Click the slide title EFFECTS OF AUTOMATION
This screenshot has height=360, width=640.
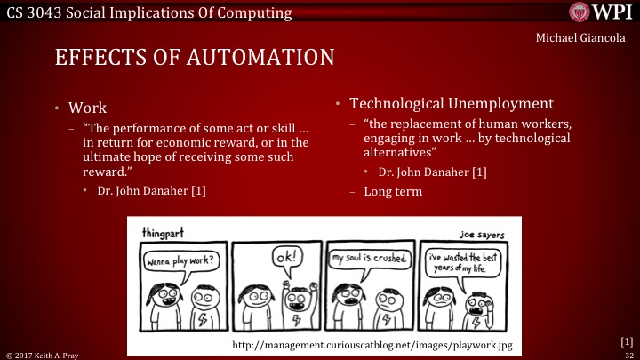click(195, 58)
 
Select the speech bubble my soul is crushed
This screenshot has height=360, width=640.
click(370, 259)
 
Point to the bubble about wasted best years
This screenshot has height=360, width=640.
click(464, 262)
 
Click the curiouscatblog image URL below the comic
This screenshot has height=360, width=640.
click(371, 343)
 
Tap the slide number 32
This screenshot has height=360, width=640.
click(627, 354)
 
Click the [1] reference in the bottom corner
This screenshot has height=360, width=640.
click(626, 340)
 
